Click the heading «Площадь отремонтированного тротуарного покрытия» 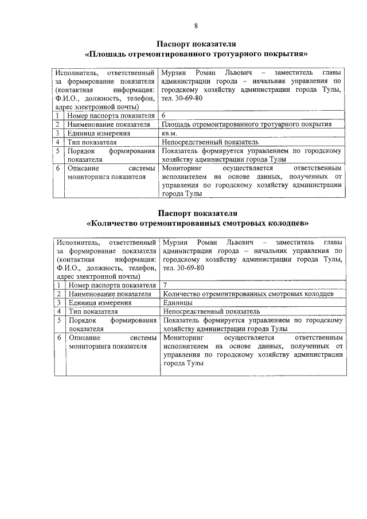click(196, 54)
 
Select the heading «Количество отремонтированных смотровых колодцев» click(197, 223)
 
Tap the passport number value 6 click(164, 116)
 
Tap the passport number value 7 click(166, 284)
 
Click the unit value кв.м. click(170, 133)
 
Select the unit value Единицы click(177, 302)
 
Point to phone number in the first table click(187, 98)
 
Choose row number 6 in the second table click(60, 338)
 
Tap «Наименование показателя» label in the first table click(104, 124)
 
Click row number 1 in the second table click(60, 284)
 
